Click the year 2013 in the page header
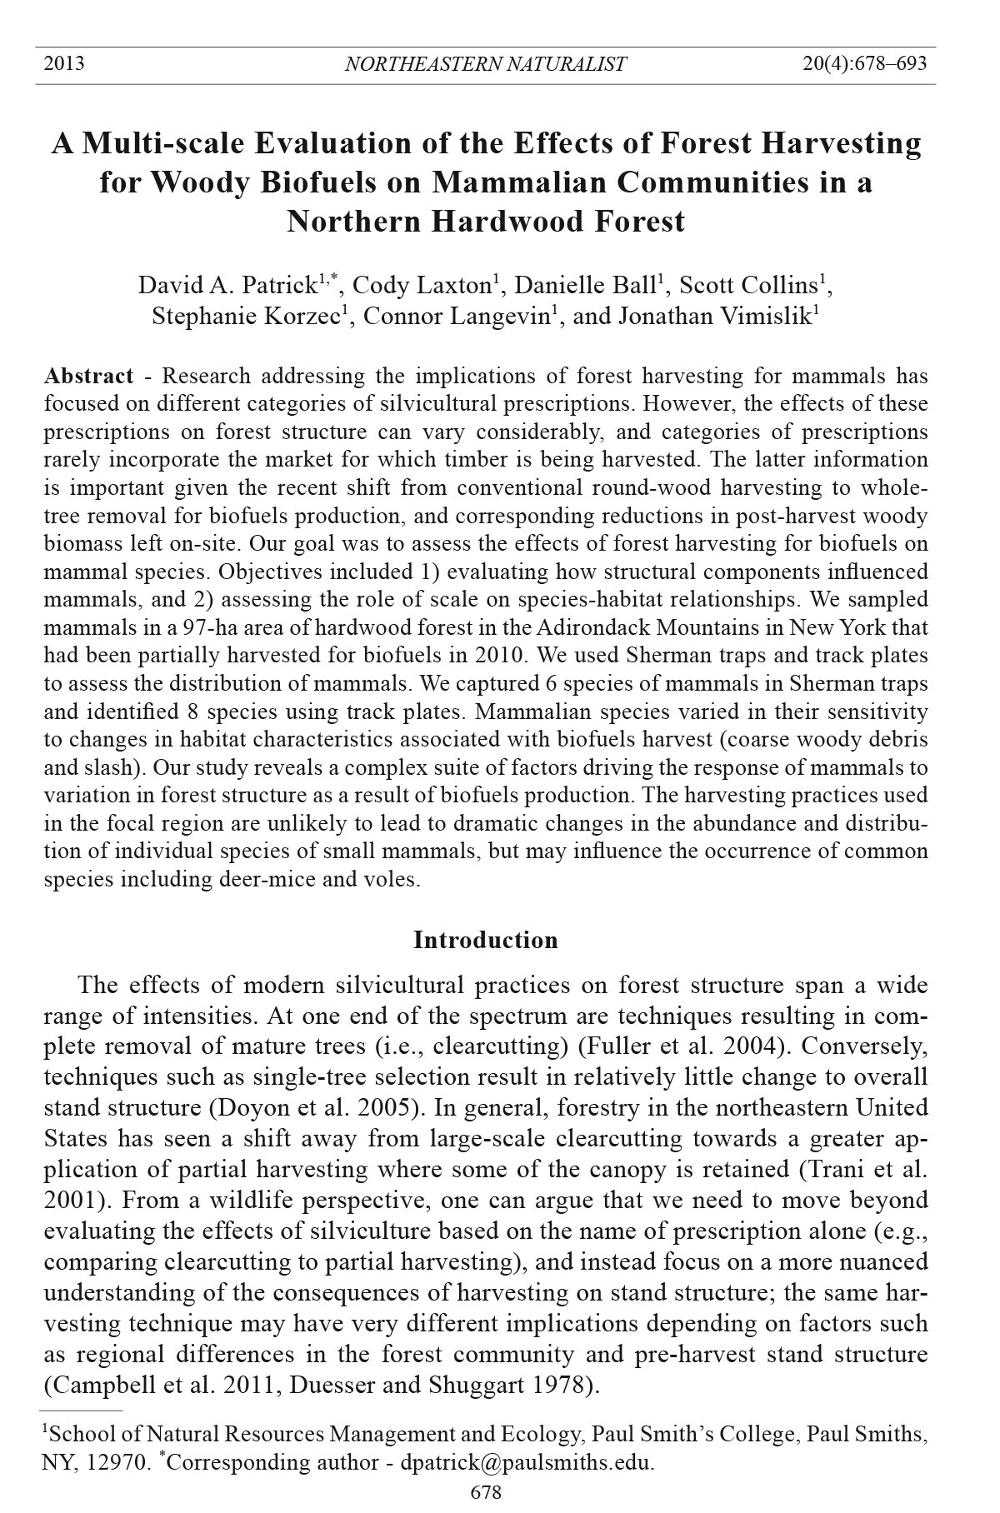(64, 64)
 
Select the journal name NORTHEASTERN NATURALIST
(485, 64)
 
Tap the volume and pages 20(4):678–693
(864, 64)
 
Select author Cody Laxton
(422, 286)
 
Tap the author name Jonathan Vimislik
(714, 317)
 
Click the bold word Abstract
(88, 377)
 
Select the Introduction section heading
(486, 941)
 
